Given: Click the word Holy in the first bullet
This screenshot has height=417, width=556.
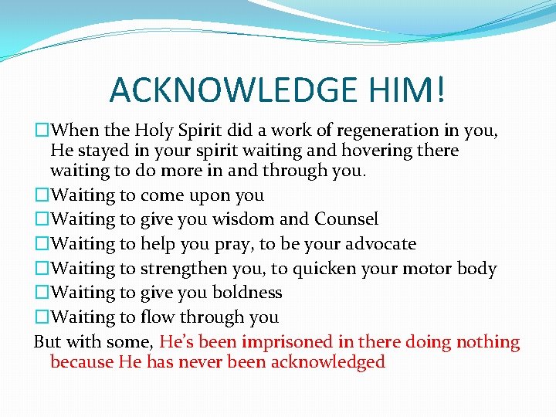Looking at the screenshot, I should click(x=155, y=131).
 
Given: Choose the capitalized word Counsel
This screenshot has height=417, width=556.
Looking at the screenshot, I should click(x=346, y=219).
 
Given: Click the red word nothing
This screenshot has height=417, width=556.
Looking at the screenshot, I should click(x=488, y=342).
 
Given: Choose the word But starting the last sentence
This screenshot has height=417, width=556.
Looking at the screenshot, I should click(x=48, y=342).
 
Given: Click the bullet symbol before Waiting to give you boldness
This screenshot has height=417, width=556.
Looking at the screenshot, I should click(x=41, y=293).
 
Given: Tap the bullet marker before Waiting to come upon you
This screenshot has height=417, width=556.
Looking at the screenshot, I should click(x=41, y=195).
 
